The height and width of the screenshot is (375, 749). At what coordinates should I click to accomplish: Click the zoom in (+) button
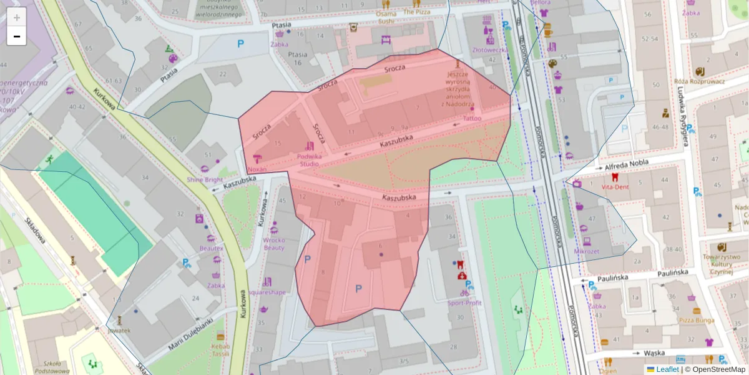17,17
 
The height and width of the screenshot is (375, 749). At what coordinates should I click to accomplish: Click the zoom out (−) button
17,36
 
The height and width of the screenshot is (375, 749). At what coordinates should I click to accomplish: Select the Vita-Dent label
615,187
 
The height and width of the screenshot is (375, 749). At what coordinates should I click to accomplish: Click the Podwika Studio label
310,160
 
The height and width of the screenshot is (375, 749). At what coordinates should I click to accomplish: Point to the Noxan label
257,169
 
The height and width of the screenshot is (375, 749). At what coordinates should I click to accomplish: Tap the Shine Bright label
205,180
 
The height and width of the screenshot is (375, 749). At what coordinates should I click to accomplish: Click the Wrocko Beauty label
274,244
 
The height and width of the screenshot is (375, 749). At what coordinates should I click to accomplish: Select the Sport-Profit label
464,303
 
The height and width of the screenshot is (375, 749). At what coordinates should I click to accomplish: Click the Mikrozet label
586,251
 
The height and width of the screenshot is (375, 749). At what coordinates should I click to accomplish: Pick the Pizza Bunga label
696,320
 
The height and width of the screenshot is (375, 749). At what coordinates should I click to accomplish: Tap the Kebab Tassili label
220,349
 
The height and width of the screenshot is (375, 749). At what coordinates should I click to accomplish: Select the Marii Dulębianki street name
190,334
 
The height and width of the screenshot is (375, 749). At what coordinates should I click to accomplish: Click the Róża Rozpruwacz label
700,81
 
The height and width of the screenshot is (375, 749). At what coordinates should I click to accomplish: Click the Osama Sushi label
386,17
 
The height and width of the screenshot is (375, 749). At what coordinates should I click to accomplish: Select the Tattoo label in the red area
472,117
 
